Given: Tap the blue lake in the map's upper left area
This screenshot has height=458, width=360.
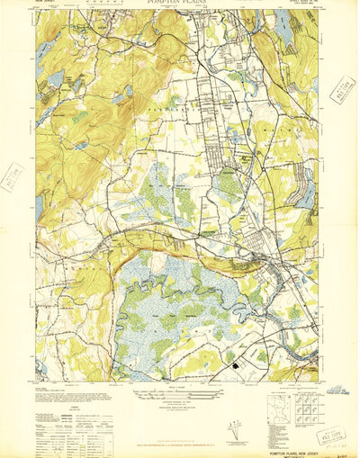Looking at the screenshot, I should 56,80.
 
